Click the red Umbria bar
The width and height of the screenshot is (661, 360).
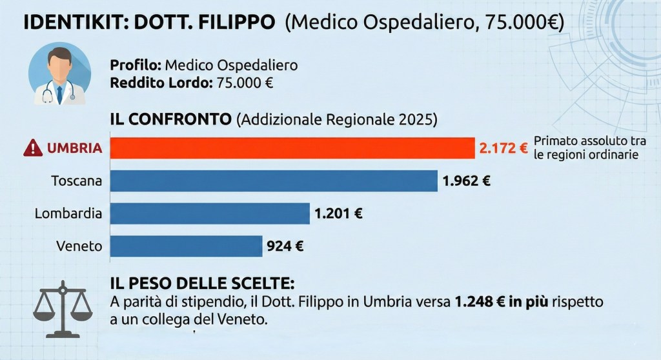pos(292,148)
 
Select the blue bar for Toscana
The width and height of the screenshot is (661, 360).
pos(274,181)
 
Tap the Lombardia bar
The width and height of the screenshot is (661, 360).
pos(210,214)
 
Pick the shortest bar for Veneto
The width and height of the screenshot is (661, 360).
pos(186,246)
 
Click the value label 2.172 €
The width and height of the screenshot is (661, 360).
pos(503,148)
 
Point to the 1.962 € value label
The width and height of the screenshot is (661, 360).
pos(466,181)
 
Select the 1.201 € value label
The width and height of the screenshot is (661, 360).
pos(338,214)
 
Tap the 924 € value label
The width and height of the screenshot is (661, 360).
pos(285,246)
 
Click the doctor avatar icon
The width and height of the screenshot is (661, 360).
pos(59,74)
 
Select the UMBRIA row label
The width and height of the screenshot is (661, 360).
pos(74,148)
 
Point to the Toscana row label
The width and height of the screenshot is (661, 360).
pos(76,181)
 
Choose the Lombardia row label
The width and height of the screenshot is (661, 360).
pos(68,214)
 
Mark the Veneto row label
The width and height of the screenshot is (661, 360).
pos(79,246)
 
